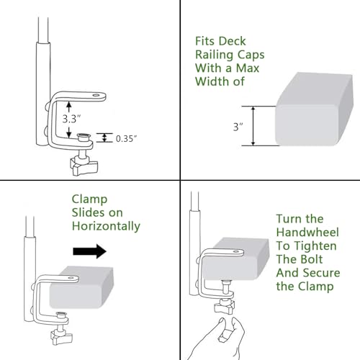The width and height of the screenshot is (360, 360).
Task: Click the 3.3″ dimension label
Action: pyautogui.click(x=71, y=119)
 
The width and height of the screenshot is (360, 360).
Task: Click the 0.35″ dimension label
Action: pyautogui.click(x=127, y=139)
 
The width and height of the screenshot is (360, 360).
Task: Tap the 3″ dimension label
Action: pyautogui.click(x=238, y=127)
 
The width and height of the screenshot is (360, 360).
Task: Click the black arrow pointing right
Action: pyautogui.click(x=90, y=251)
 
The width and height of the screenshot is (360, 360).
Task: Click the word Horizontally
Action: pyautogui.click(x=106, y=226)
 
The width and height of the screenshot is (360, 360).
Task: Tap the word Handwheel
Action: pyautogui.click(x=307, y=233)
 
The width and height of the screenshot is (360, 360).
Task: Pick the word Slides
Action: pyautogui.click(x=89, y=212)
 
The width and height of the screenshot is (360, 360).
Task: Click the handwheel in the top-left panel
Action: pyautogui.click(x=84, y=166)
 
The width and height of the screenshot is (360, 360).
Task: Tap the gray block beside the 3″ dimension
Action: pyautogui.click(x=314, y=109)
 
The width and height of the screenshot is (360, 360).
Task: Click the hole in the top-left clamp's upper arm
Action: pyautogui.click(x=96, y=95)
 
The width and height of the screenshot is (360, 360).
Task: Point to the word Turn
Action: pyautogui.click(x=288, y=219)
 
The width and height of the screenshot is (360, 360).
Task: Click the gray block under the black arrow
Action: pyautogui.click(x=81, y=287)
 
